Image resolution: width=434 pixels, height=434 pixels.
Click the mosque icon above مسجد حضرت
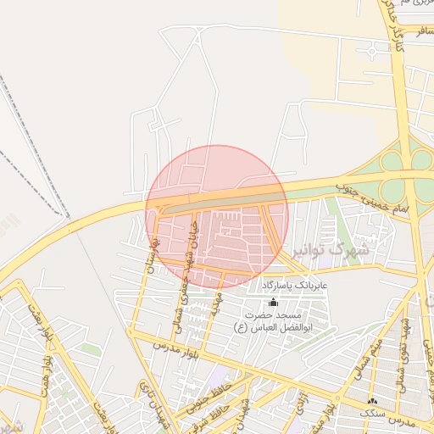pyautogui.click(x=272, y=303)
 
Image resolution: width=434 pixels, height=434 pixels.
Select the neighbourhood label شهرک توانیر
pyautogui.click(x=331, y=250)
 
